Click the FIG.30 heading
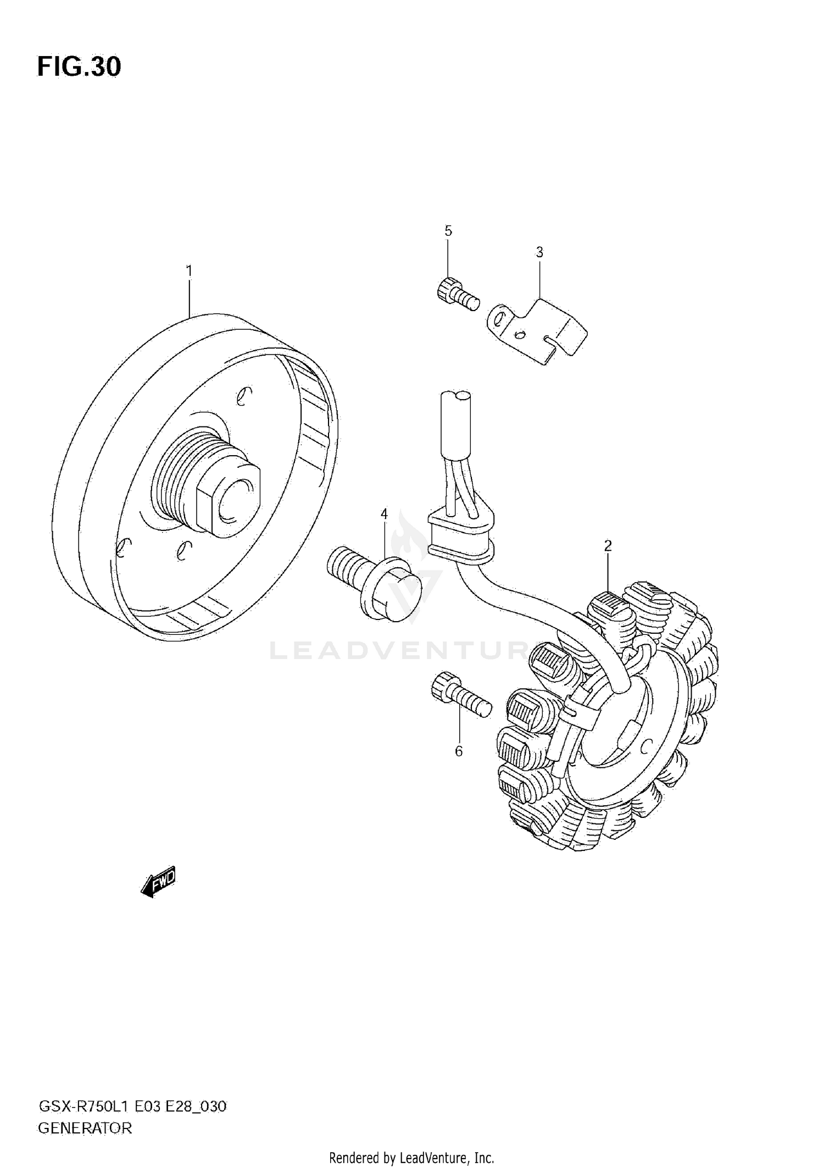(x=79, y=67)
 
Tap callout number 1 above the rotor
(x=189, y=271)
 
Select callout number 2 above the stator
(x=608, y=546)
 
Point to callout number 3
(x=539, y=252)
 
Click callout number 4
(x=384, y=514)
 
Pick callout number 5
(x=448, y=231)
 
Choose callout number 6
(x=459, y=751)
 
